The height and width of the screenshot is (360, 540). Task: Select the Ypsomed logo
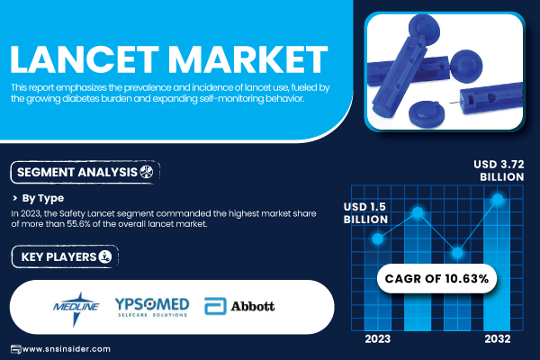[152, 307]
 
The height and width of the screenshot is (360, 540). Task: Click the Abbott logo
[239, 306]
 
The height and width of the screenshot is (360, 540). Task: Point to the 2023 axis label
[378, 339]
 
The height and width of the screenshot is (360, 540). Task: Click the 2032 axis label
[498, 339]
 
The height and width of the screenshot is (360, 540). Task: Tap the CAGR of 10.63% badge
[436, 278]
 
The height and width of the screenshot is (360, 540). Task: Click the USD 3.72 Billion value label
[499, 170]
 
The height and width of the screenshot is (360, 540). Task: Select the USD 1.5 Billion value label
[365, 213]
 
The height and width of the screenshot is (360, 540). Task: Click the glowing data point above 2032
[498, 199]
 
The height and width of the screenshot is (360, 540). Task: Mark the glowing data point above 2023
[378, 238]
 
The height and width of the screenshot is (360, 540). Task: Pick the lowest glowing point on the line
[457, 253]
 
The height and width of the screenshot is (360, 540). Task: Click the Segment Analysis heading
[77, 172]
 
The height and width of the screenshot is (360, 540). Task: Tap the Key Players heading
[58, 257]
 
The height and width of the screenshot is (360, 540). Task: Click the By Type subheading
[43, 198]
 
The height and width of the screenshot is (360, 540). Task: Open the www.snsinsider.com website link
[66, 349]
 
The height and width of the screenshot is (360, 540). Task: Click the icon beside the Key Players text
[105, 256]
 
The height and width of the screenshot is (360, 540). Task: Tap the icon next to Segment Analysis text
[147, 172]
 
